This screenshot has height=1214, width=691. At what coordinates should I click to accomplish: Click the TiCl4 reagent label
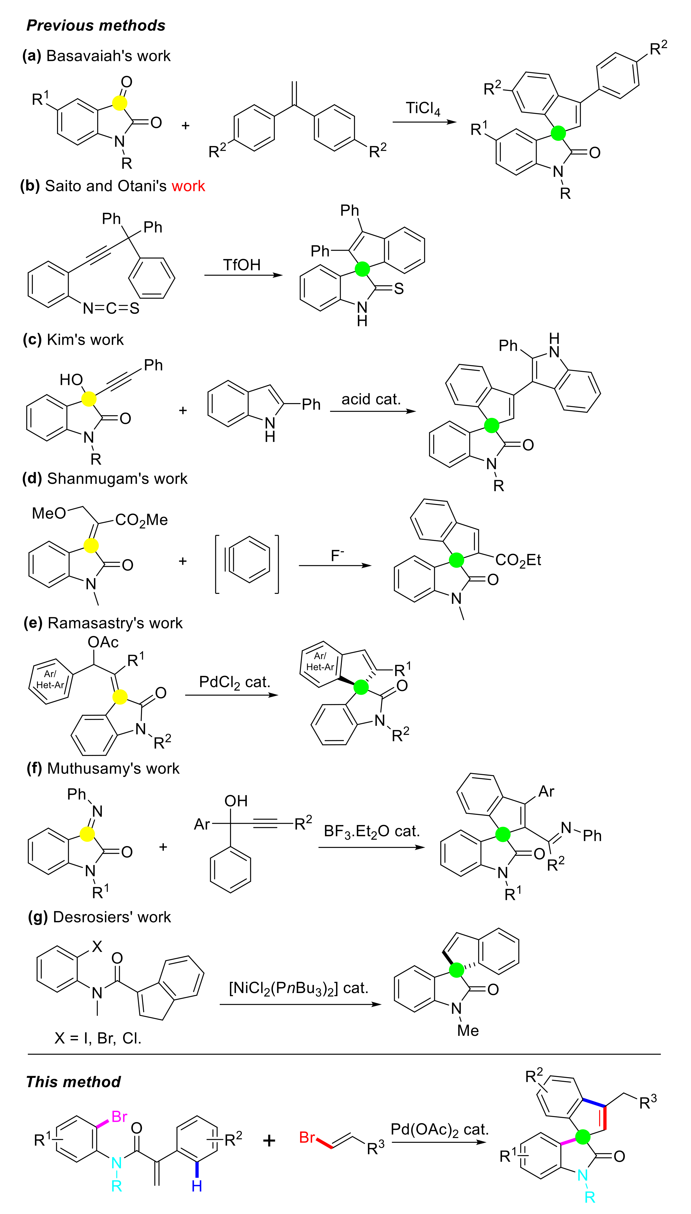click(x=422, y=109)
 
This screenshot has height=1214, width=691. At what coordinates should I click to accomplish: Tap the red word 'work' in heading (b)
click(x=189, y=186)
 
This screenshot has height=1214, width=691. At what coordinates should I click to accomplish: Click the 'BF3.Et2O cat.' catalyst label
click(x=371, y=831)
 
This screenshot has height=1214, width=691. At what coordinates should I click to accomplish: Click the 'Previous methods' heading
click(x=96, y=25)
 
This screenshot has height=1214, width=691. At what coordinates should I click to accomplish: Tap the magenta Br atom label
click(x=119, y=1116)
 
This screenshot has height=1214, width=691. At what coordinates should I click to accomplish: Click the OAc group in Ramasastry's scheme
click(x=103, y=642)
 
